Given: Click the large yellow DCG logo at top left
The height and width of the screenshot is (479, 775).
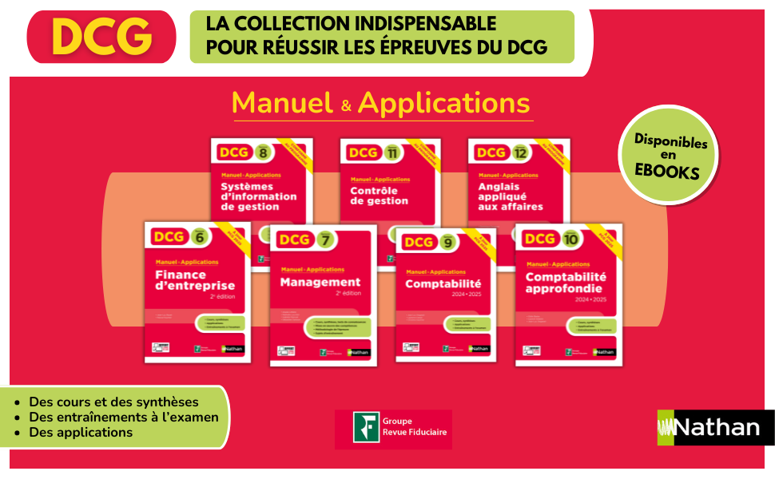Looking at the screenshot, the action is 101,36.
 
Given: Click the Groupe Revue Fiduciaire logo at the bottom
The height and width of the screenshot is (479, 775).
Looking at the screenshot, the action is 393,430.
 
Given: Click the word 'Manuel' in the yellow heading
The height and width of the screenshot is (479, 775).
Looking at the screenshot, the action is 281,103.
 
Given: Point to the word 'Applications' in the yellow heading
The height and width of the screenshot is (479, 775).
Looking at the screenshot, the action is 443,103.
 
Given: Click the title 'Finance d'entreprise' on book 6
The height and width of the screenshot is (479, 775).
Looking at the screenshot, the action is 195,280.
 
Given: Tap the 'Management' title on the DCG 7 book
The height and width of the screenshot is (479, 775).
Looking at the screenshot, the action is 320,282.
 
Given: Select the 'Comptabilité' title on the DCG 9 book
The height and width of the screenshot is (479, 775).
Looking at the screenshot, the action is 443,283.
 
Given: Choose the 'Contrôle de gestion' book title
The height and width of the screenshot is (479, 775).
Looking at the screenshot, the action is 380,196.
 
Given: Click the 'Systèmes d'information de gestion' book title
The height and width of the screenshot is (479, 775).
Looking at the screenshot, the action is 258,196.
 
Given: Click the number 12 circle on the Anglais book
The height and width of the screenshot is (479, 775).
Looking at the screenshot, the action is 520,152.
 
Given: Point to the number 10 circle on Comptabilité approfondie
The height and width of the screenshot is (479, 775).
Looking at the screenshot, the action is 570,239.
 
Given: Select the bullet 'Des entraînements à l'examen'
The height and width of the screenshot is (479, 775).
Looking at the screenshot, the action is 123,417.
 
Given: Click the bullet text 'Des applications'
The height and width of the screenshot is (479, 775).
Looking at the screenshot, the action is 81,432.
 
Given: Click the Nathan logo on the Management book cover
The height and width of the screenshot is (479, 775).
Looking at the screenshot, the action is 360,351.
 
